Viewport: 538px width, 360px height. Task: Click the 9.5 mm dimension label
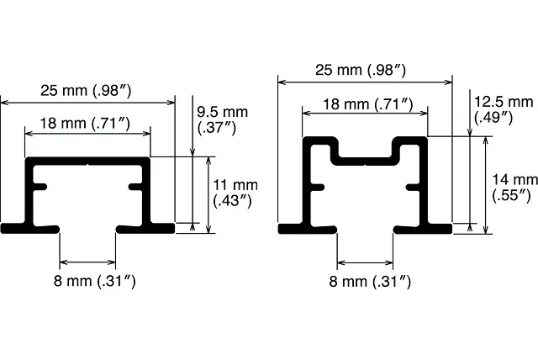coord(222,120)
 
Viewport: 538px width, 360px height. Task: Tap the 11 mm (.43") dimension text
coord(235,193)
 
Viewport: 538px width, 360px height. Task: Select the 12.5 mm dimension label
coord(504,110)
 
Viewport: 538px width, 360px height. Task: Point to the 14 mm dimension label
coord(514,188)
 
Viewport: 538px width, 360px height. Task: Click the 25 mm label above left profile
coord(86,91)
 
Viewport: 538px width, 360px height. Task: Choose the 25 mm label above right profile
coord(361,70)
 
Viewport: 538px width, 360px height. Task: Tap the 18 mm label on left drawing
coord(86,123)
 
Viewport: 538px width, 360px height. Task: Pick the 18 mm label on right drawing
coord(368,104)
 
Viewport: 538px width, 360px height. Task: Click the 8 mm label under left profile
coord(95,281)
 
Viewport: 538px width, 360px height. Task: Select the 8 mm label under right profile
coord(370,282)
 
